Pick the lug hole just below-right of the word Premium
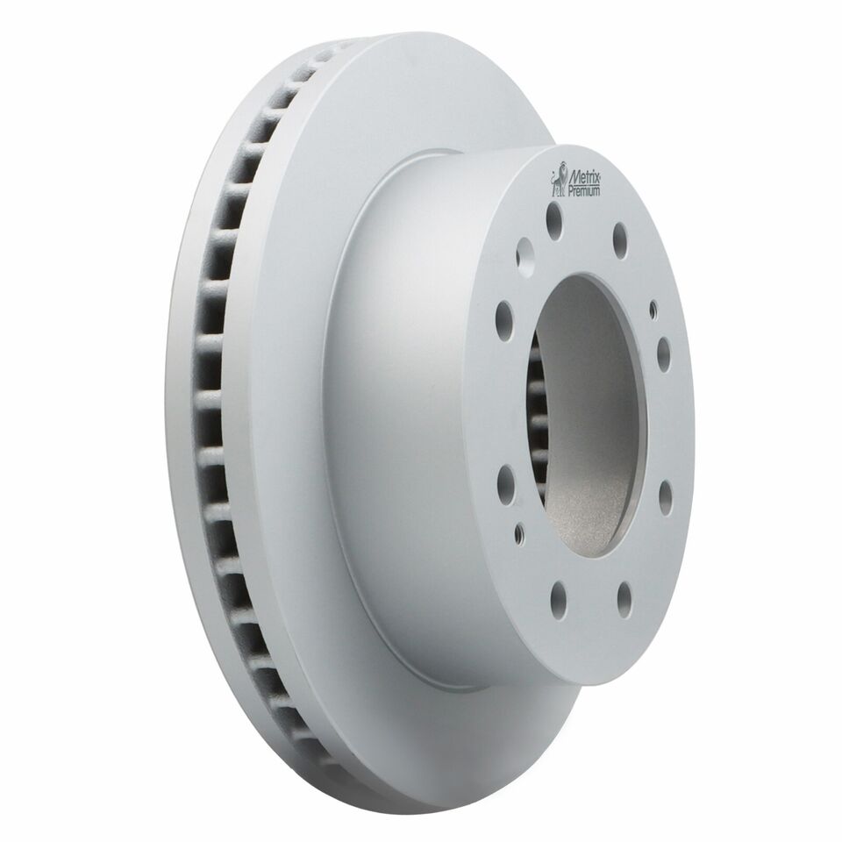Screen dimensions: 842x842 [619, 234]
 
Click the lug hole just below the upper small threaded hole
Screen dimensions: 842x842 [663, 353]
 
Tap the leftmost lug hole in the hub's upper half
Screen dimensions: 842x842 [505, 314]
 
